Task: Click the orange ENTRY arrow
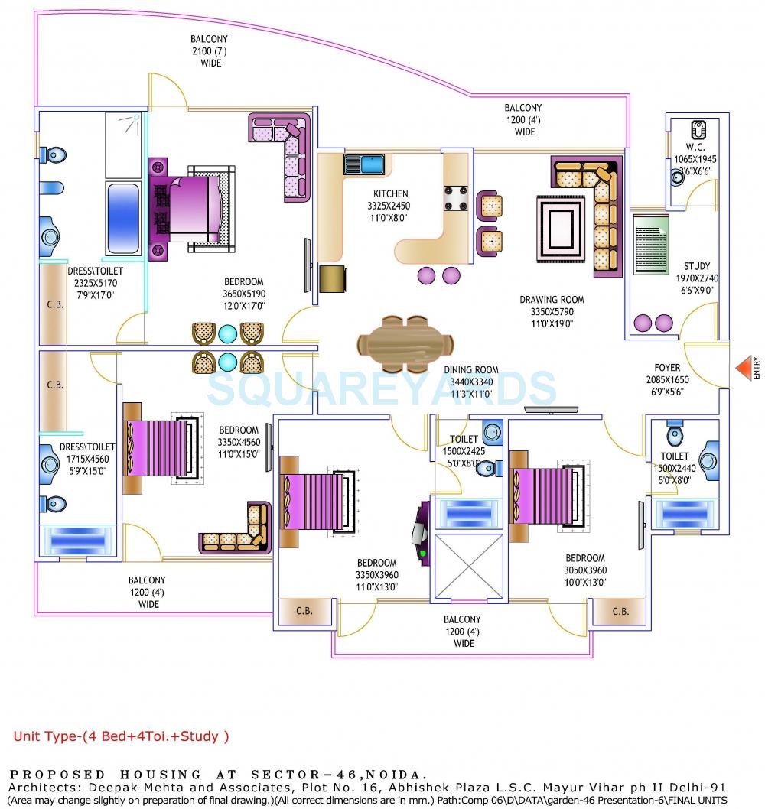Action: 744,369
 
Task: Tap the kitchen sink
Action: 363,164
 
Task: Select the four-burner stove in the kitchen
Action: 455,197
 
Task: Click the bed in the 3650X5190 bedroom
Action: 191,206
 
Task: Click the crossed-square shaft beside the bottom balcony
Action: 468,567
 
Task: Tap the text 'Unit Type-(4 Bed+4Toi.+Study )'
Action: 121,737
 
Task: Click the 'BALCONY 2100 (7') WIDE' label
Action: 209,50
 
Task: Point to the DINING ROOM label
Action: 474,370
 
